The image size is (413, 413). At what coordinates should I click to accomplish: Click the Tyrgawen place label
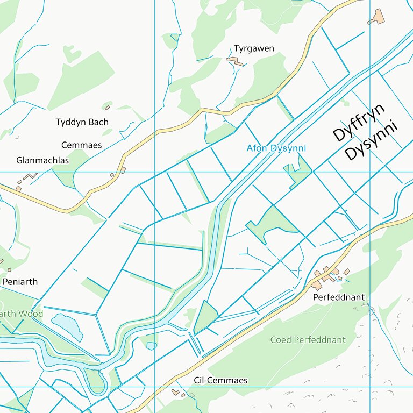(253, 48)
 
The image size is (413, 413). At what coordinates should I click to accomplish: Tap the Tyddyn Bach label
(82, 122)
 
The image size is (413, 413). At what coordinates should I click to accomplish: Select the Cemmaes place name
(81, 145)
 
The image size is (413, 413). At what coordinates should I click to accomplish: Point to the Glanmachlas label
(42, 161)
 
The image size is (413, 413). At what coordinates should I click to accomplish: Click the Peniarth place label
(20, 282)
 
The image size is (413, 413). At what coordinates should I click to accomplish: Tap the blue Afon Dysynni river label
(276, 148)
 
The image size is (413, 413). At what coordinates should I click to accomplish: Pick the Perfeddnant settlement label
(338, 297)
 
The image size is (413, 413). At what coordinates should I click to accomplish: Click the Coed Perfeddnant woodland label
(308, 340)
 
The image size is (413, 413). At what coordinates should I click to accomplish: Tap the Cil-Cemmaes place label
(220, 381)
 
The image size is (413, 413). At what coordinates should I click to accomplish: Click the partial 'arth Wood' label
(22, 314)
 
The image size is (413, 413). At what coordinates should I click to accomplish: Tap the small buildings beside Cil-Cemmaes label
(177, 393)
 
